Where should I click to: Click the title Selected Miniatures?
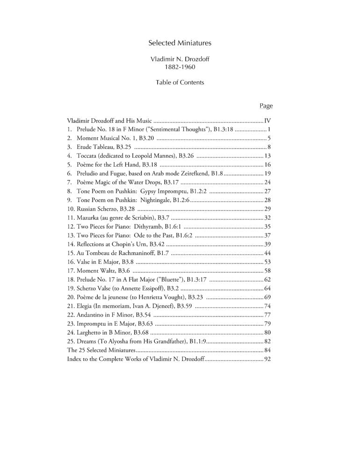tap(180, 43)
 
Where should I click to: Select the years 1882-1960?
tap(180, 67)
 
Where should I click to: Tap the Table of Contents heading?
tap(180, 82)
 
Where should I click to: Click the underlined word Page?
tap(266, 106)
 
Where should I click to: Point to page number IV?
tap(268, 120)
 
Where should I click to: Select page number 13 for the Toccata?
tap(268, 155)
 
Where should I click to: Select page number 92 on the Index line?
tap(268, 359)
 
